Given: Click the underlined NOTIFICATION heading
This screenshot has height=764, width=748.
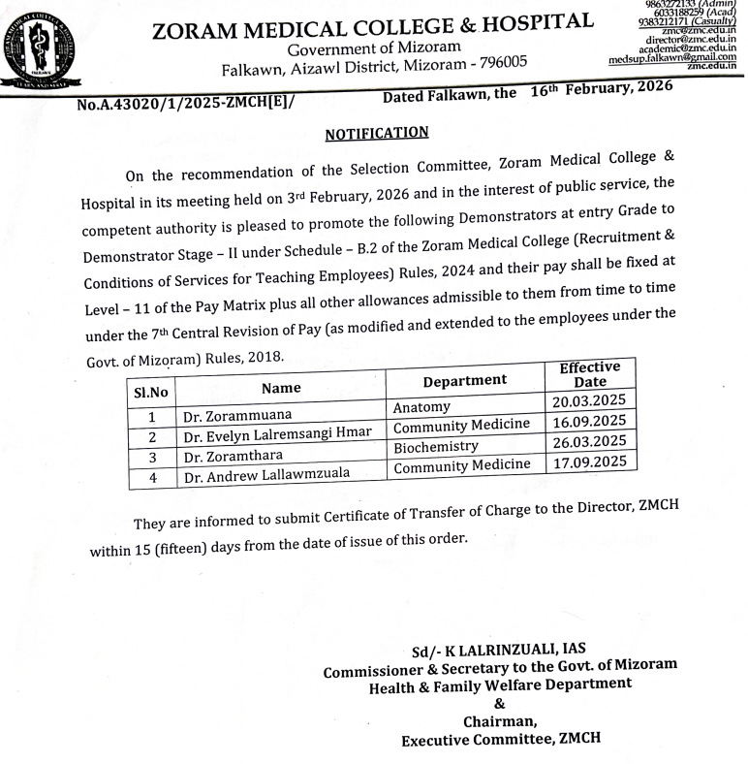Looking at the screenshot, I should point(376,133).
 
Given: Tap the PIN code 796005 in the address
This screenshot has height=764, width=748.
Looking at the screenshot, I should point(493,64).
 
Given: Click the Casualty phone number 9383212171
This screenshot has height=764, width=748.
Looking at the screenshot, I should point(648,21).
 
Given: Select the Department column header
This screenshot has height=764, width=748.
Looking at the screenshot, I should point(464,380).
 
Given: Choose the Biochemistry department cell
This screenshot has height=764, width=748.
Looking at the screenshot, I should point(436,446).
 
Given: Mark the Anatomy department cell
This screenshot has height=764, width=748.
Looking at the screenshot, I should point(422,408).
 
